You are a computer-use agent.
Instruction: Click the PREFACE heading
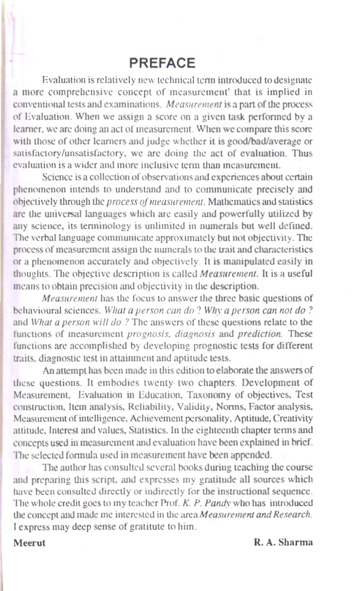pos(162,63)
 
